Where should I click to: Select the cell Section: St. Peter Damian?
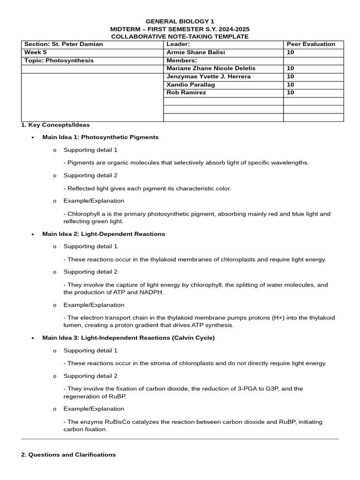click(64, 44)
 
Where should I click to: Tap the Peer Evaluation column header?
click(311, 44)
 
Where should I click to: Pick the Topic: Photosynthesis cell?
click(59, 60)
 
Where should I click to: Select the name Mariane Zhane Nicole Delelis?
click(211, 68)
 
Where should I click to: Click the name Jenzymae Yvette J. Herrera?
click(209, 76)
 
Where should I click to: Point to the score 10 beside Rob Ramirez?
click(290, 93)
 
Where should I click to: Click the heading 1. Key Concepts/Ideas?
click(55, 125)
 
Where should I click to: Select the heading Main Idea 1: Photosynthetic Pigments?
click(100, 137)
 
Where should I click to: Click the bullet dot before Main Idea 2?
click(32, 234)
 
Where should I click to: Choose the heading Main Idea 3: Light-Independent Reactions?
click(128, 338)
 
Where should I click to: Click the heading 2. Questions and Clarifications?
click(68, 455)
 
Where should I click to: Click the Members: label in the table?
click(182, 60)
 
